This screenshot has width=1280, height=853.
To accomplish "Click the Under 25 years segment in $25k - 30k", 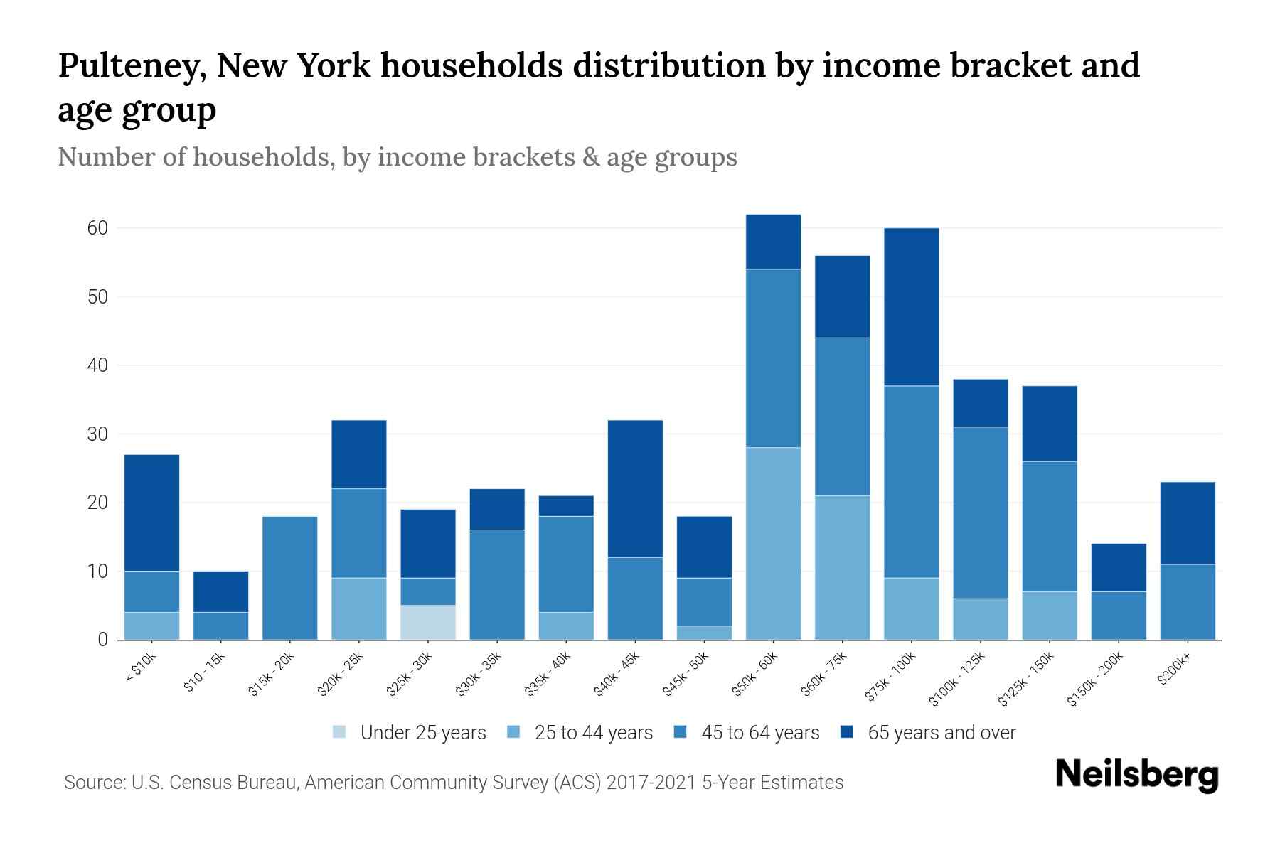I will point(427,622).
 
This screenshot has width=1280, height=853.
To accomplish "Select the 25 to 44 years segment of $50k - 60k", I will point(773,543).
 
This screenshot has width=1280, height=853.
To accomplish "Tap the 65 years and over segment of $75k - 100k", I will point(911,306).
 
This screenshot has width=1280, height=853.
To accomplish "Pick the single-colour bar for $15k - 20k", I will point(289,577).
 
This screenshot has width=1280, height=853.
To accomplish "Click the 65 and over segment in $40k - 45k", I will point(635,488).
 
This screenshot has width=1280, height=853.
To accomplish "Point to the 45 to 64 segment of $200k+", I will point(1187,601).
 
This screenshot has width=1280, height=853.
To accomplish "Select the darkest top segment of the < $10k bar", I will point(151,512).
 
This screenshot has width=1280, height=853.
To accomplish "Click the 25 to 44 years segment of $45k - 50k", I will point(704,633).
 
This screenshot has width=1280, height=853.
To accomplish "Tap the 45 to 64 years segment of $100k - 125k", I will point(980,512).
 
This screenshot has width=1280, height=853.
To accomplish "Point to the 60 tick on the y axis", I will point(97,228).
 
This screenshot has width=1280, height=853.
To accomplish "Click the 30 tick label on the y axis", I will point(97,434).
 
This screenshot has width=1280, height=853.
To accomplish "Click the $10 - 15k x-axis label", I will point(204,672).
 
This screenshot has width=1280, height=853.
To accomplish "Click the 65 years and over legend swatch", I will point(847,732).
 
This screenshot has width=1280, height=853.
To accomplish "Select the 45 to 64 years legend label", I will point(760,733).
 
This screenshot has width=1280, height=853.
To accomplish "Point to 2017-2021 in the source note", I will point(651,783).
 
